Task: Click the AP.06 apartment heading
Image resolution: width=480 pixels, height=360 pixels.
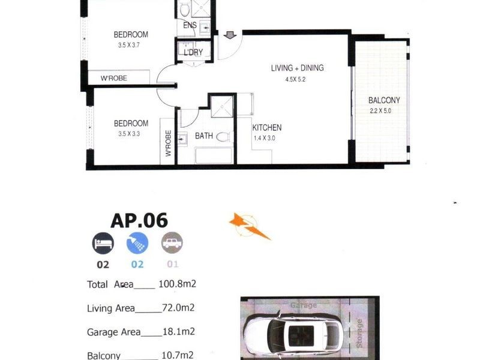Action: pos(139,220)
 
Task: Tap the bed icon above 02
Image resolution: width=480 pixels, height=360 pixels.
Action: pos(103,243)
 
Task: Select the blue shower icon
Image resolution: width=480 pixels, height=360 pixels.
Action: pos(137,243)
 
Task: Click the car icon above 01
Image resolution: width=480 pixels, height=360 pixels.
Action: pos(172,243)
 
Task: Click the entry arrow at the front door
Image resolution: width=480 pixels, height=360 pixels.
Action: pos(229,36)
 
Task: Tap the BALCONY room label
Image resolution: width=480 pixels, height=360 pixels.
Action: pos(384,100)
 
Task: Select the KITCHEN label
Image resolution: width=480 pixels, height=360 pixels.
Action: pos(266,128)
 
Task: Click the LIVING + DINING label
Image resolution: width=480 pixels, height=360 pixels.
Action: pos(297,68)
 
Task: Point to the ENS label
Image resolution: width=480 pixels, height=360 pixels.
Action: pos(190,25)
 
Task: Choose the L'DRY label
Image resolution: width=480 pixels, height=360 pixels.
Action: pos(193,53)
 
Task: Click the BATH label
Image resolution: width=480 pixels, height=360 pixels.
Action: pos(203,136)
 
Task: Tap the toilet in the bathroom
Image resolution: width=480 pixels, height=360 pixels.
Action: pos(222,136)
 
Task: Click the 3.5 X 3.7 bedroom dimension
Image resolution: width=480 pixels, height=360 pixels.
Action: pos(131,44)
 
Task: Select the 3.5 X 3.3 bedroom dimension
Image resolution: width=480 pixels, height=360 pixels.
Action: pos(131,134)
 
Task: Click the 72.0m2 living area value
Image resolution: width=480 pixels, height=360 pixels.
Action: pos(178,308)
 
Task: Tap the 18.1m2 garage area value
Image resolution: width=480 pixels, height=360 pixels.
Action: pos(178,332)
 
